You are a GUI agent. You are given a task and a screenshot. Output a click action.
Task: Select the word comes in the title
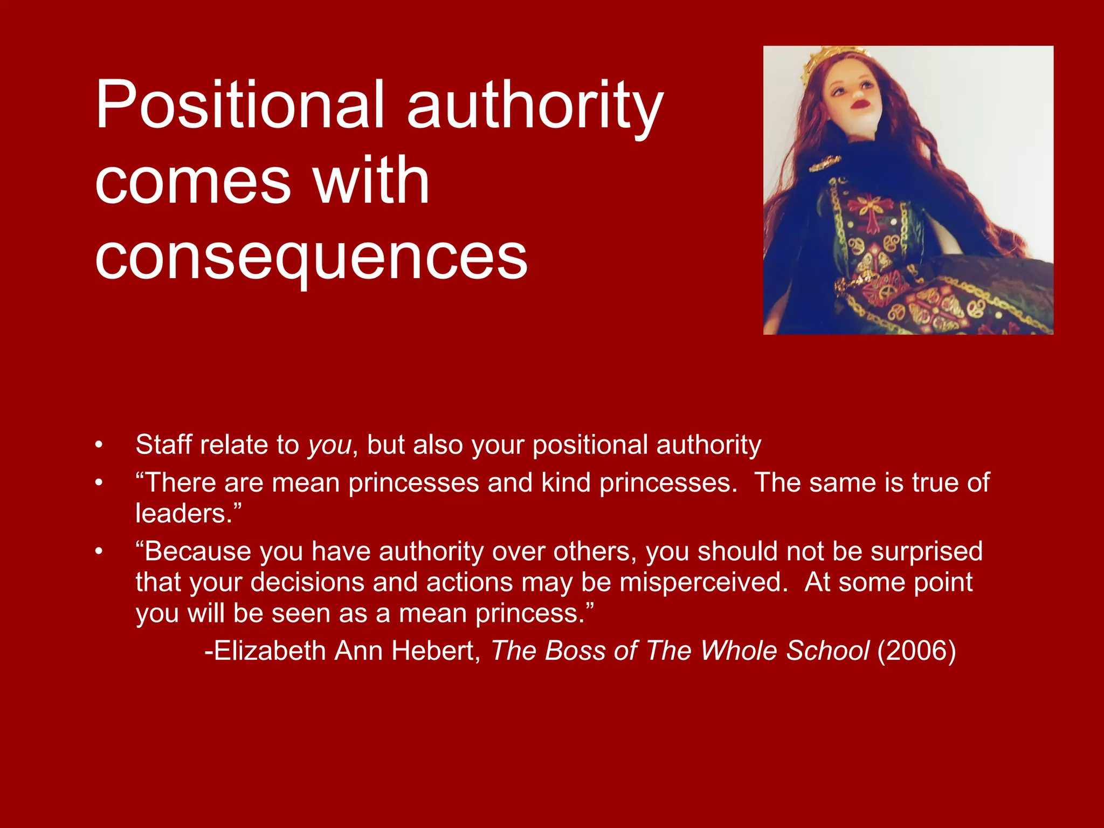pos(193,181)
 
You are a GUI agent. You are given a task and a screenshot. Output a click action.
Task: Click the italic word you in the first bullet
pos(329,445)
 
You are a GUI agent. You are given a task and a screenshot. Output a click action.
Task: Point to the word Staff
pos(163,445)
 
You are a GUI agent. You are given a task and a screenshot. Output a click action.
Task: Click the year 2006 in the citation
pos(916,651)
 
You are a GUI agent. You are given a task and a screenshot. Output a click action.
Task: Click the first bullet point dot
pos(99,445)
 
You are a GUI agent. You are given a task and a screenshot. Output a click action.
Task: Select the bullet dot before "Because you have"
pos(99,551)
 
